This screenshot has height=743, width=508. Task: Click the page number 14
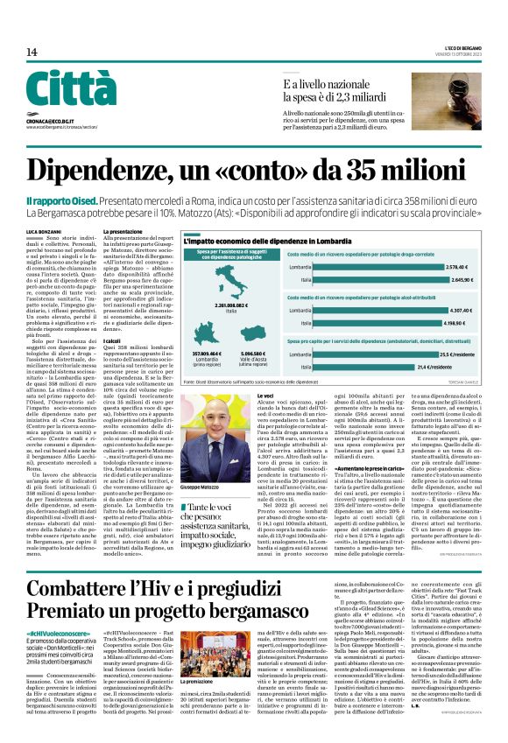32,53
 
